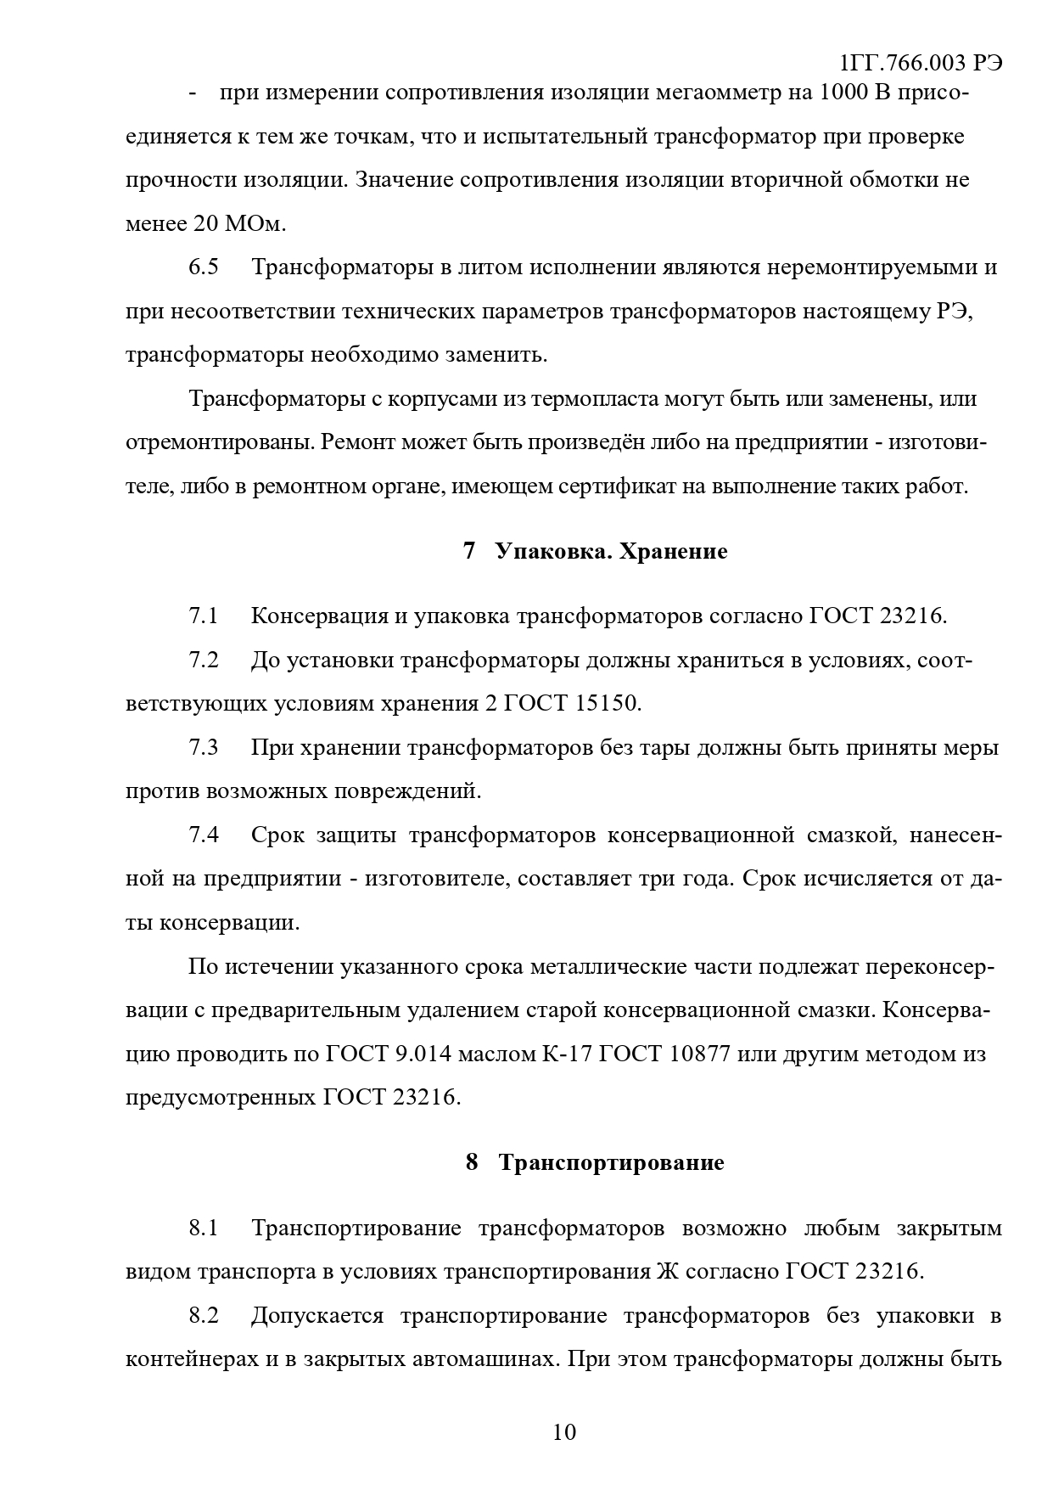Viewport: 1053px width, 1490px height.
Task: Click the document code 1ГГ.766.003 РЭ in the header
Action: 920,64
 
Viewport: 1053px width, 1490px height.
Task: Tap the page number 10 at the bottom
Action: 564,1432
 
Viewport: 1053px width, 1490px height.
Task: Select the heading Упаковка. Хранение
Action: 611,552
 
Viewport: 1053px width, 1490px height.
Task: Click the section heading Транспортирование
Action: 611,1162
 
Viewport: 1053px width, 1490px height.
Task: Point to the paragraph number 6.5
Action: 204,267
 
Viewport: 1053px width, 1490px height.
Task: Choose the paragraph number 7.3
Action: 204,748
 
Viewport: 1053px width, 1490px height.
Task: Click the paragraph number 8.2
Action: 204,1316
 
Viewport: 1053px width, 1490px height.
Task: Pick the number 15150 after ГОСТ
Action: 608,704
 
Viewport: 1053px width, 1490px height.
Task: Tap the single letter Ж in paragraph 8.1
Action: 666,1272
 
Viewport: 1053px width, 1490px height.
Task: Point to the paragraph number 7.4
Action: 204,835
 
